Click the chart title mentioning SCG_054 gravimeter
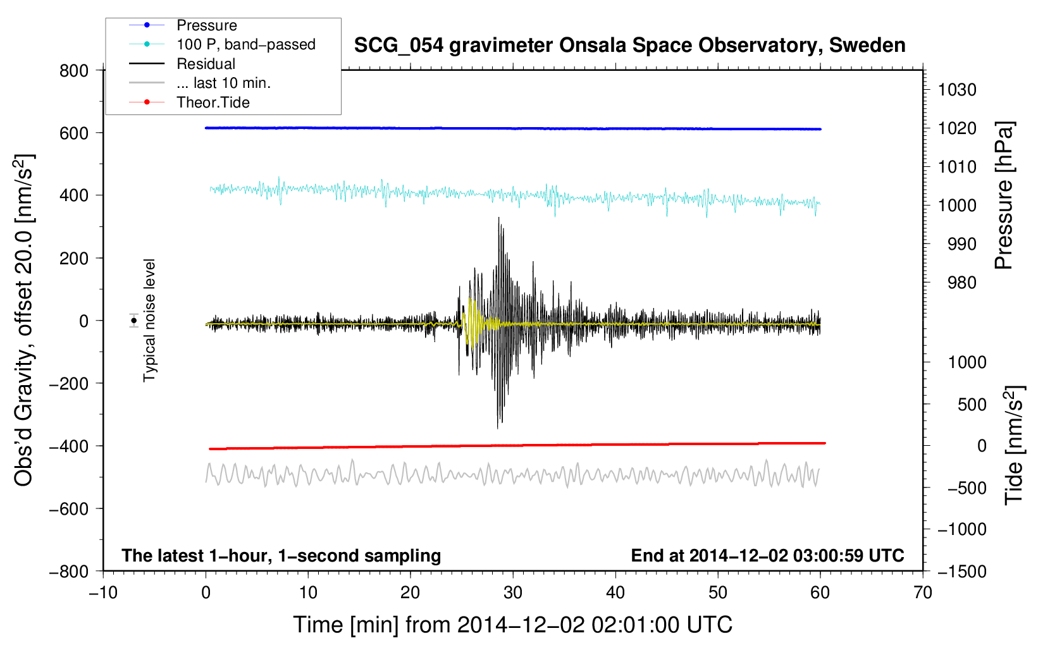(x=629, y=46)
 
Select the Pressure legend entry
(x=207, y=25)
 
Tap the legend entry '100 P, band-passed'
(x=246, y=44)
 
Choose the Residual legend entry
(x=206, y=64)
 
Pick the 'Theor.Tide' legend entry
(x=213, y=102)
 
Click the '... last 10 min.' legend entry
(x=223, y=83)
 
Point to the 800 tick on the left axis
(x=74, y=71)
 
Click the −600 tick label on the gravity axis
(x=69, y=508)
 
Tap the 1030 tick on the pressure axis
(x=957, y=90)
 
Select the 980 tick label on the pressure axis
(x=962, y=283)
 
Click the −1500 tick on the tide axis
(x=962, y=572)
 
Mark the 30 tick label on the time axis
(x=513, y=593)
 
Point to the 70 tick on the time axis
(x=922, y=593)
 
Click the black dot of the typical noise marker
(x=134, y=321)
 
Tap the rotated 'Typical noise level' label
(x=149, y=320)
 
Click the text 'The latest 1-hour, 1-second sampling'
(x=281, y=555)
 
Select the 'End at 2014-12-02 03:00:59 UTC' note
(x=767, y=555)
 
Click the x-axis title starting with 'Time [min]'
(x=512, y=625)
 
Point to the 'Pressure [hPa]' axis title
(x=1004, y=195)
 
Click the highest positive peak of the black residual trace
(x=498, y=218)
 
